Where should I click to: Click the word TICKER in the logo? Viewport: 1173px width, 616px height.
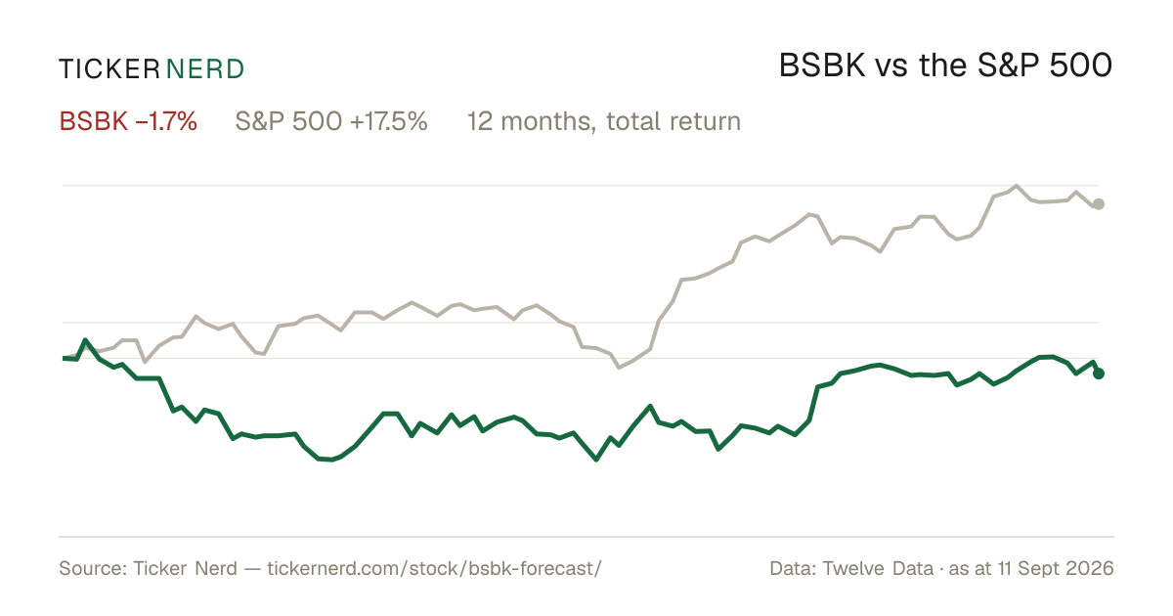pos(109,69)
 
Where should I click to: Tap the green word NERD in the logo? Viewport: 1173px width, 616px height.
pos(204,69)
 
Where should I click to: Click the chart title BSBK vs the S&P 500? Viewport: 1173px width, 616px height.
pos(945,66)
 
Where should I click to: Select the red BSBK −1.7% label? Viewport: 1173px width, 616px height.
pos(128,121)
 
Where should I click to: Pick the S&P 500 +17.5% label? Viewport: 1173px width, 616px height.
pos(331,121)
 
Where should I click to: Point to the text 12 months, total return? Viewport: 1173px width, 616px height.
pos(604,121)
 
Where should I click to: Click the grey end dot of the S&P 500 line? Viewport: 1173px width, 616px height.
pos(1099,204)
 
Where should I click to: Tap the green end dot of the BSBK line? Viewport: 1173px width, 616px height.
pos(1099,374)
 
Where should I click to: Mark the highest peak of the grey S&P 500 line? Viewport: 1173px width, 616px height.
pos(1017,186)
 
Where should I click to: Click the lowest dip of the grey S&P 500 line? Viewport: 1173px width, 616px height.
pos(619,368)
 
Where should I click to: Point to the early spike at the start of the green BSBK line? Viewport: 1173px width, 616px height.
pos(85,340)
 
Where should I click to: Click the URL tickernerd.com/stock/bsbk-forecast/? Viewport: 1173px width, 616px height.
pos(434,568)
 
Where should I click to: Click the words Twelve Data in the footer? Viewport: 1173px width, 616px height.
pos(878,568)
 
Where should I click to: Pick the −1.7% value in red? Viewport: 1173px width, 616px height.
pos(166,121)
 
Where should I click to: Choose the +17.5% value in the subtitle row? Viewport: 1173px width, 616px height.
pos(389,121)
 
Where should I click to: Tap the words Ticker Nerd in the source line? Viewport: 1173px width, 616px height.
pos(186,568)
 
